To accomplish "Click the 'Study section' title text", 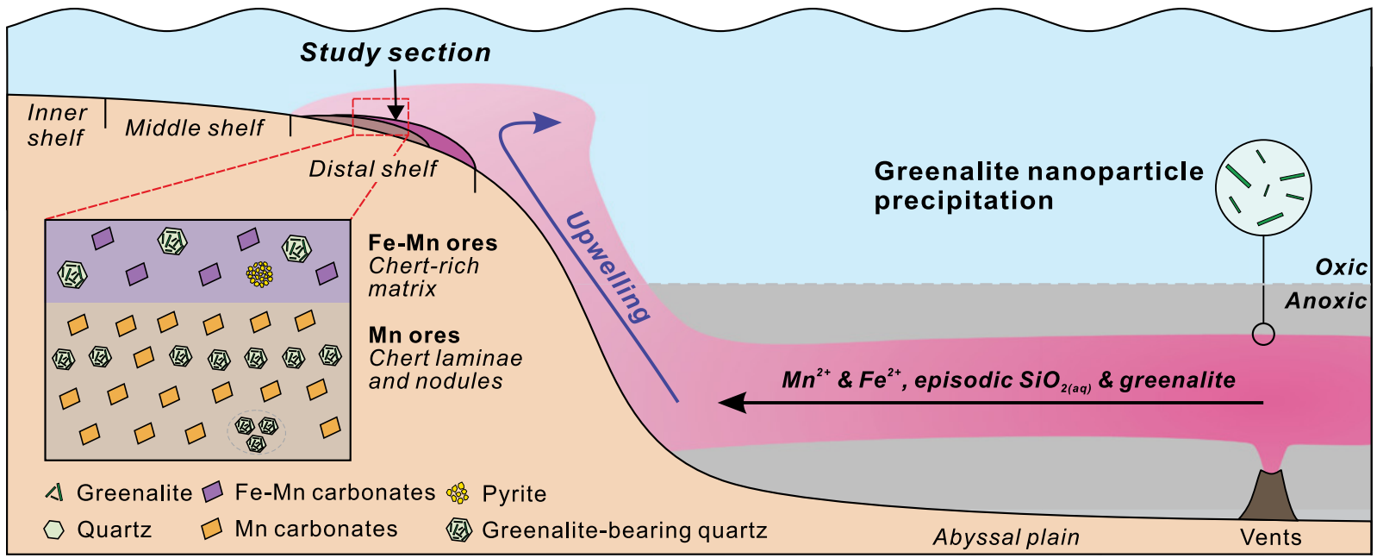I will point(396,53).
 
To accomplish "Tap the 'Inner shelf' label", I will point(57,125).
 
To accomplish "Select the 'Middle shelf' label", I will point(195,129).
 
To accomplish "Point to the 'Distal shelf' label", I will point(373,169).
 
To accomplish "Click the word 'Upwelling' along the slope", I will point(607,266).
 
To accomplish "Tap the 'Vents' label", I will point(1270,537).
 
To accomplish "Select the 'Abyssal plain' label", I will point(1006,537).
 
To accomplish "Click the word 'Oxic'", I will point(1341,267).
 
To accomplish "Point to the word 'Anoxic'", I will point(1325,301).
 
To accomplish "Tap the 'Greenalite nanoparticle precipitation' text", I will point(1037,185).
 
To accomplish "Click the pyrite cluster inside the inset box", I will point(259,274).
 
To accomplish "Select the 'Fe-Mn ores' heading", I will point(433,243).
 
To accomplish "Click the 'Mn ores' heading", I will point(414,335).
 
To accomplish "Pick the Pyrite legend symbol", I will point(458,493).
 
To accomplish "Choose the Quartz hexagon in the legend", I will point(54,530).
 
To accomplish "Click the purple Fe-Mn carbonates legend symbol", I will point(212,492).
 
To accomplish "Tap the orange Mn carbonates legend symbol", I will point(212,529).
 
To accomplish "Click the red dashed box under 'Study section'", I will point(380,117).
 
